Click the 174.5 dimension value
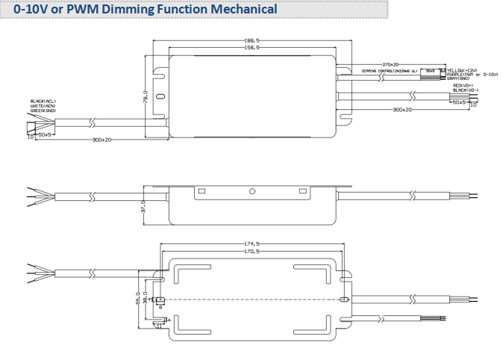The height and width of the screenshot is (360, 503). pos(252,243)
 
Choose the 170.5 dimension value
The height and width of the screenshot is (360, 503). pos(252,252)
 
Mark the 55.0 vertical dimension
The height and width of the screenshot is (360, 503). pos(137,297)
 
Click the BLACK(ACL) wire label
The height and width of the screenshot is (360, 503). pos(43,101)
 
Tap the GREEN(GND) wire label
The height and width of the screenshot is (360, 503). pos(43,110)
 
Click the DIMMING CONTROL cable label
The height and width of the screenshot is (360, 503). pos(389,70)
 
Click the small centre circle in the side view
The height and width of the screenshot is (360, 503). pos(252,192)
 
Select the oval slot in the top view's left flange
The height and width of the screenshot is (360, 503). pos(159,300)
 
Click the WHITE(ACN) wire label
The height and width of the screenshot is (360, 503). pos(43,105)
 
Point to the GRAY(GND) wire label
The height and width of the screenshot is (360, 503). pos(457,78)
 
